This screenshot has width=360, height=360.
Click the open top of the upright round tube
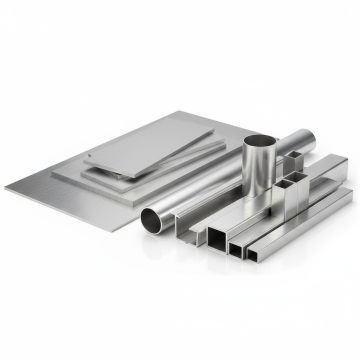(261, 142)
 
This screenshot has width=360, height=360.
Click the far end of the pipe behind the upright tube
(310, 135)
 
